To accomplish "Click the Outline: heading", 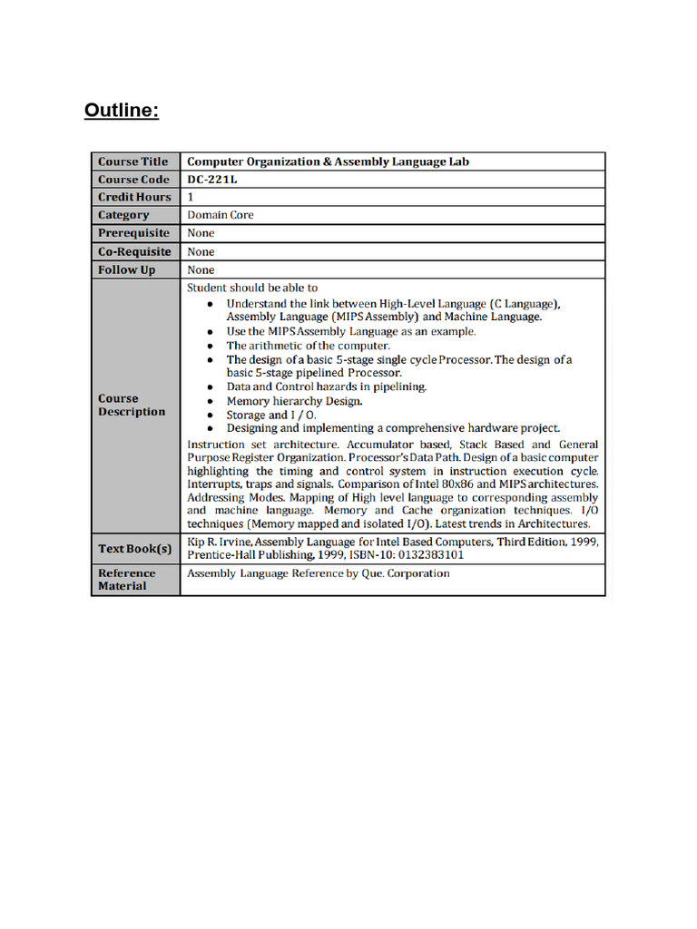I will coord(122,111).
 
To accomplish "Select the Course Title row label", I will coord(133,161).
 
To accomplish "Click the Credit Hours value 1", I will coord(191,197).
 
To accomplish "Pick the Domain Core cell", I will coord(221,215).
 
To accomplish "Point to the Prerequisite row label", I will coord(133,233).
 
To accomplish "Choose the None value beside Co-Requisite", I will coord(201,251).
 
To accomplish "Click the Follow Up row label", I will coord(127,269).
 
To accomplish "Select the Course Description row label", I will coord(132,405).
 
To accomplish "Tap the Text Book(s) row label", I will coord(134,548).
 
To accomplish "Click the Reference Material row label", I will coord(127,580).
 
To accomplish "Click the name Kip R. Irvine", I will coord(218,541).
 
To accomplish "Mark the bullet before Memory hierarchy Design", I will coord(210,401).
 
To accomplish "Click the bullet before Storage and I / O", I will coord(210,416).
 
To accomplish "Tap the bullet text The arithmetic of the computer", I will coord(308,346).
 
